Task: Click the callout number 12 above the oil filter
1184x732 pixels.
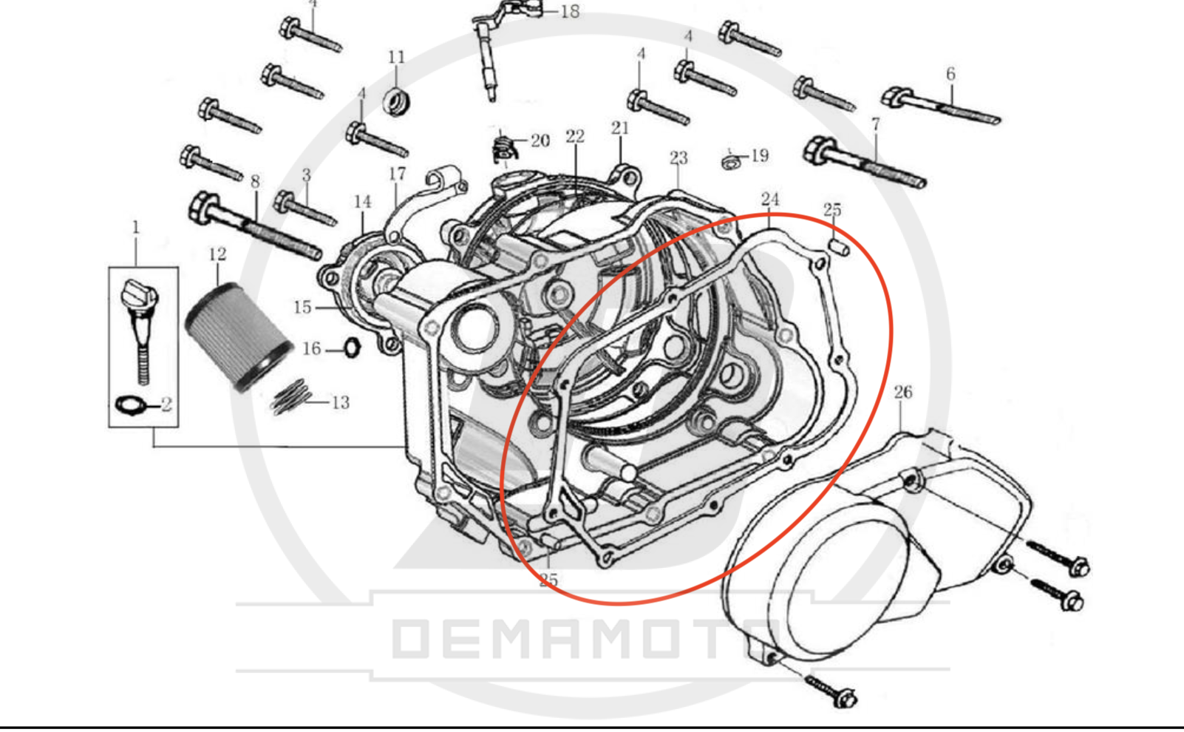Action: click(218, 254)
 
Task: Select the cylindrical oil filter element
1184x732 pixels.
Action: click(239, 337)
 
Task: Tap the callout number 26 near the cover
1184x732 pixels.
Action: click(903, 393)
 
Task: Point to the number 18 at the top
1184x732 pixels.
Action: click(570, 12)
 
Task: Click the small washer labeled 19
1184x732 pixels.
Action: click(731, 162)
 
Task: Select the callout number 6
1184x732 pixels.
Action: click(950, 74)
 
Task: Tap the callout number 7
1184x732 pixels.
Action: click(876, 124)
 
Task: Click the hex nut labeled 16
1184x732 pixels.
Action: click(353, 348)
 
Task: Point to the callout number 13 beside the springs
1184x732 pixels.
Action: click(341, 402)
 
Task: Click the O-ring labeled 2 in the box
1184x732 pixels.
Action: click(129, 406)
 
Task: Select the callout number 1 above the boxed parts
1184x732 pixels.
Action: click(136, 228)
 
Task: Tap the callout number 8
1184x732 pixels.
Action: click(255, 182)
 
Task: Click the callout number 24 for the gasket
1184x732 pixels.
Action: click(769, 200)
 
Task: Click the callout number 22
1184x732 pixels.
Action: click(575, 137)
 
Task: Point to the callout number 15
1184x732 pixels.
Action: click(302, 308)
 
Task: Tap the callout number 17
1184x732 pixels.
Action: click(398, 174)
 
